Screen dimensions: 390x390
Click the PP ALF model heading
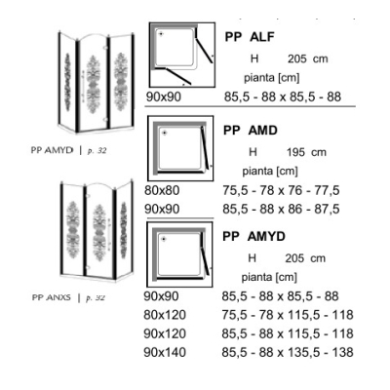click(x=250, y=37)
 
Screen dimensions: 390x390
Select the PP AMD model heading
click(x=251, y=131)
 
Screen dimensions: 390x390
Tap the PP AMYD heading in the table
click(x=253, y=236)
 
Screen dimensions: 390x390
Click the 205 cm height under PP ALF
click(x=308, y=58)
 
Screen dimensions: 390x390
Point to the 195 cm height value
click(x=306, y=152)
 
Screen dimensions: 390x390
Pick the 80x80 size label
click(x=162, y=190)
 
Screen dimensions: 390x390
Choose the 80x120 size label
click(x=165, y=315)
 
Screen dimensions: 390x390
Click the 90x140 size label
click(x=165, y=352)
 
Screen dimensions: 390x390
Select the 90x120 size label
click(x=165, y=333)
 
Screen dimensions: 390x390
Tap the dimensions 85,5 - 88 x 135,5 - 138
click(x=288, y=352)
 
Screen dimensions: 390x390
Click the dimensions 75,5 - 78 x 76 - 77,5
click(x=281, y=190)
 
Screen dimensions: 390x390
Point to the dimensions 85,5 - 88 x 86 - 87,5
click(x=281, y=209)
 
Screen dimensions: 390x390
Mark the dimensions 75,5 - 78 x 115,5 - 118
click(x=288, y=315)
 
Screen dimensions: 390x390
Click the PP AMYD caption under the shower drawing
click(x=52, y=150)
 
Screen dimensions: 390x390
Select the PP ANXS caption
click(x=52, y=297)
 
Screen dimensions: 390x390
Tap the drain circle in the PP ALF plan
click(x=161, y=33)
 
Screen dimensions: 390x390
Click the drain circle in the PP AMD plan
click(x=165, y=133)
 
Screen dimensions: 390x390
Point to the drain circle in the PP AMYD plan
click(x=164, y=239)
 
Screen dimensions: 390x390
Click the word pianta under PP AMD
click(x=257, y=171)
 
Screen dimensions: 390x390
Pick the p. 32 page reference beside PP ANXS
click(x=96, y=297)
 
